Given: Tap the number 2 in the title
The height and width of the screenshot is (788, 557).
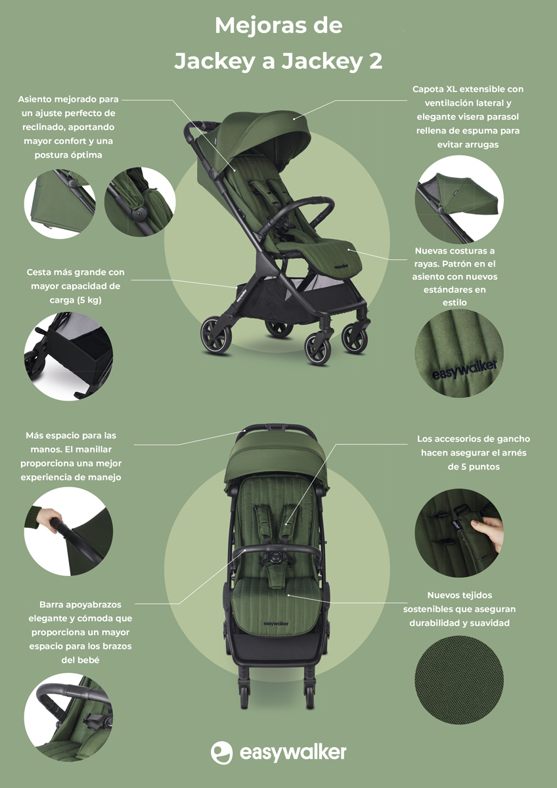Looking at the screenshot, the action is pyautogui.click(x=376, y=61).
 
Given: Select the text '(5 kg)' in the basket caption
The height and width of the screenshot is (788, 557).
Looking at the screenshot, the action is pyautogui.click(x=89, y=300).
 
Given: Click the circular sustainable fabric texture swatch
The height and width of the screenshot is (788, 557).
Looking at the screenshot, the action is pyautogui.click(x=459, y=680).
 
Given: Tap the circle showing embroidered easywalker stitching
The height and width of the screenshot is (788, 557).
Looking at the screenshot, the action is pyautogui.click(x=459, y=353).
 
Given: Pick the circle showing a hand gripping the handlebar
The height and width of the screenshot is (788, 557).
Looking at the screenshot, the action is pyautogui.click(x=68, y=531).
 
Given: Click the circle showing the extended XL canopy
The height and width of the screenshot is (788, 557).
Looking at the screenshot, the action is pyautogui.click(x=459, y=199).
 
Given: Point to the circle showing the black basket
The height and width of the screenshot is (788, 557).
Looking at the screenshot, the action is pyautogui.click(x=68, y=357).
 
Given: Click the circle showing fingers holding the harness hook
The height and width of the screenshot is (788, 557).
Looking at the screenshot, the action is pyautogui.click(x=459, y=533).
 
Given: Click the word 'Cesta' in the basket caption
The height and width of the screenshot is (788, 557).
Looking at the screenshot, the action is pyautogui.click(x=39, y=273).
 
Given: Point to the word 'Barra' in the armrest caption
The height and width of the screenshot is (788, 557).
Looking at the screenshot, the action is pyautogui.click(x=51, y=605).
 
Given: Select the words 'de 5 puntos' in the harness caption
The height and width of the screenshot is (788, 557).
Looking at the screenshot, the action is pyautogui.click(x=474, y=467).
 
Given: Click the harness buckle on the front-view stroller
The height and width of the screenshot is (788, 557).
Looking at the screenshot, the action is pyautogui.click(x=277, y=557).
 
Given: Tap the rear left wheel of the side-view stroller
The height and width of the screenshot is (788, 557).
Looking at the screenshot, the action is pyautogui.click(x=215, y=335).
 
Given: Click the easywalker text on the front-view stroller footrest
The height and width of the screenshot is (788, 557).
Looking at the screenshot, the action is pyautogui.click(x=276, y=624).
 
